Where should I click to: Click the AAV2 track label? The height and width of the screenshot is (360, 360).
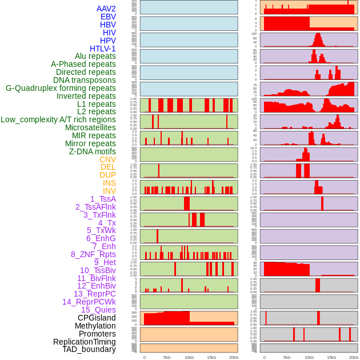tap(106, 9)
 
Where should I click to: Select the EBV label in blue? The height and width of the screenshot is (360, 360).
tap(108, 17)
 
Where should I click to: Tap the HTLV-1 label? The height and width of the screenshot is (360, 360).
tap(103, 49)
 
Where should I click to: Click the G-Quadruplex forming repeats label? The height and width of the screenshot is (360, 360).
tap(61, 88)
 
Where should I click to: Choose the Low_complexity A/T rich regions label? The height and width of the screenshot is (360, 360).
tap(58, 119)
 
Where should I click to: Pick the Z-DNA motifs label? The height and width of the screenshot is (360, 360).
tap(93, 151)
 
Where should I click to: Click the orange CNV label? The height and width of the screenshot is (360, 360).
tap(107, 159)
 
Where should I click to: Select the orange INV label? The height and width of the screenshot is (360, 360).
tap(109, 191)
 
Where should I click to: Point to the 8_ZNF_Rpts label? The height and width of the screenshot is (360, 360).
tap(93, 254)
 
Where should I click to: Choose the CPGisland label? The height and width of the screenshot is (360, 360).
tap(97, 318)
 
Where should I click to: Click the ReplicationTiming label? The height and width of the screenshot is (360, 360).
tap(85, 342)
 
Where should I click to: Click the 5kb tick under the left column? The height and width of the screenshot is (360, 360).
tap(167, 357)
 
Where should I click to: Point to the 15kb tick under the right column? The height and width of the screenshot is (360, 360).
tap(331, 357)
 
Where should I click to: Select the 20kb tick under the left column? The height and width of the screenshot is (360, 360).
tap(233, 357)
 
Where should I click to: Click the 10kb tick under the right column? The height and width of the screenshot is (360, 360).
tap(309, 357)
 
